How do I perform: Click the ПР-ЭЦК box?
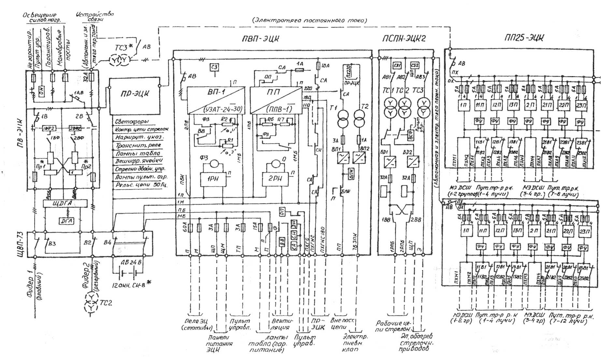(135, 96)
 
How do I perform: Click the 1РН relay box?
(213, 179)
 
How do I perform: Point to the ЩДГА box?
(65, 204)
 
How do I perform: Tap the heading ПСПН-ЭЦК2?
(404, 39)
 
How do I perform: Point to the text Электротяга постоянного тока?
(309, 20)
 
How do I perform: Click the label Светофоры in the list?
(132, 121)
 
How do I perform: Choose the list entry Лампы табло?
(137, 153)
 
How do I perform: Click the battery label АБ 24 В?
(127, 262)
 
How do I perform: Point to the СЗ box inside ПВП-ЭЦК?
(214, 67)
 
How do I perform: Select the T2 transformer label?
(365, 106)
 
